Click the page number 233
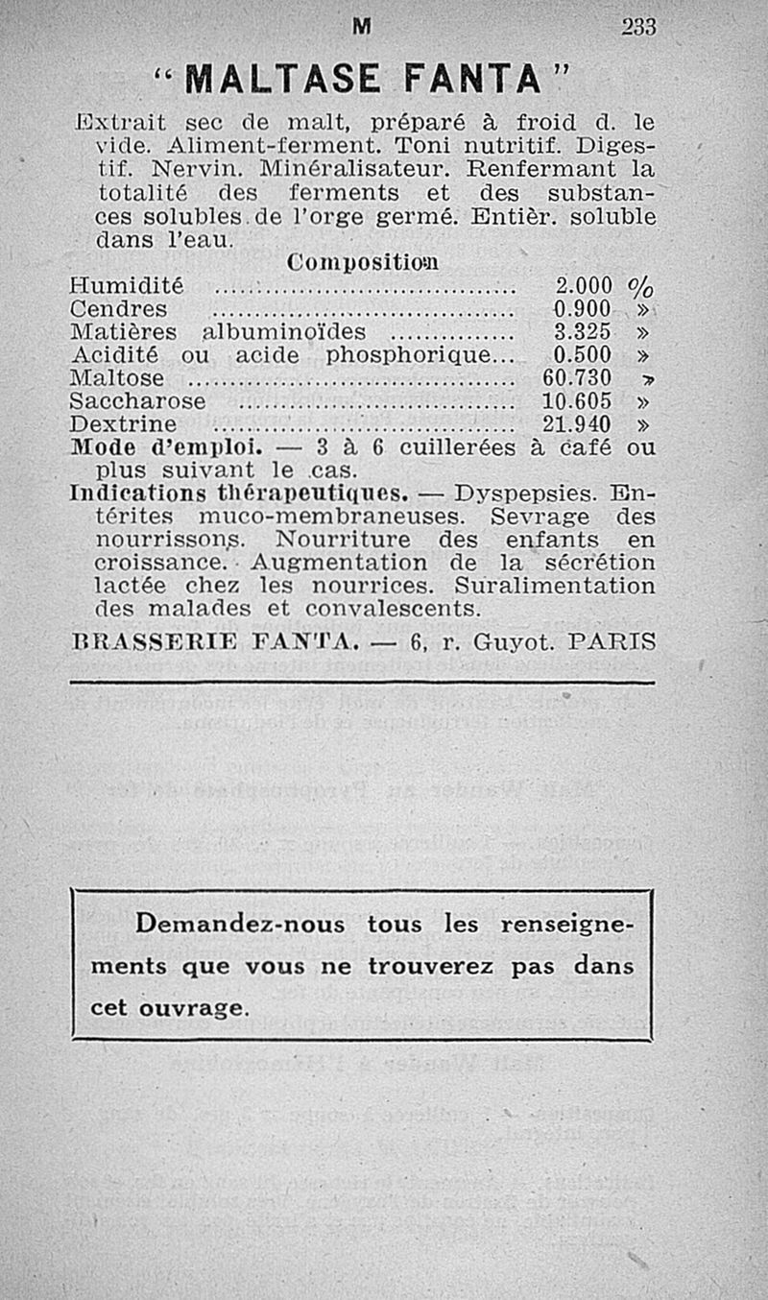[637, 29]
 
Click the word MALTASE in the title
[276, 78]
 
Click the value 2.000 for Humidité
[584, 285]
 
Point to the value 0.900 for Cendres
[584, 308]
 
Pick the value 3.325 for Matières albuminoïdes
[584, 331]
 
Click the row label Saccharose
[138, 400]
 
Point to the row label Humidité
[127, 285]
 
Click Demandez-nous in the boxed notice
[245, 925]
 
